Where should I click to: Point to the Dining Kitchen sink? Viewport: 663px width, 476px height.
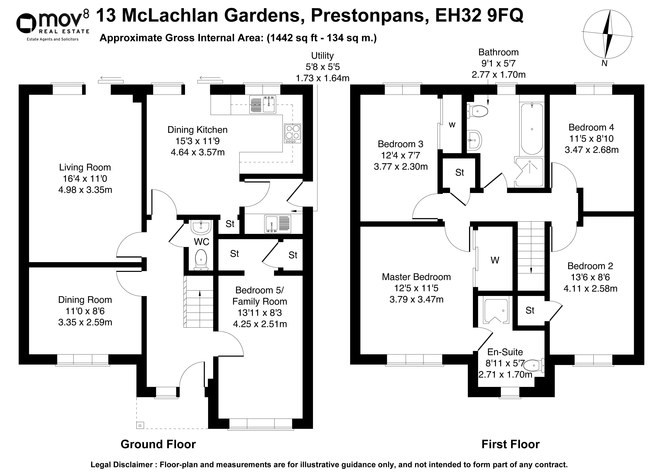coord(262,104)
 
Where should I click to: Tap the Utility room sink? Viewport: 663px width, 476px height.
coord(278,224)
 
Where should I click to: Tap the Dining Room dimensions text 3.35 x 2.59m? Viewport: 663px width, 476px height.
coord(85,322)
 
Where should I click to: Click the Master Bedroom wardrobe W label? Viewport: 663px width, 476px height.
coord(495,260)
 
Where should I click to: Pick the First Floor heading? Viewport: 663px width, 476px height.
coord(510,444)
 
